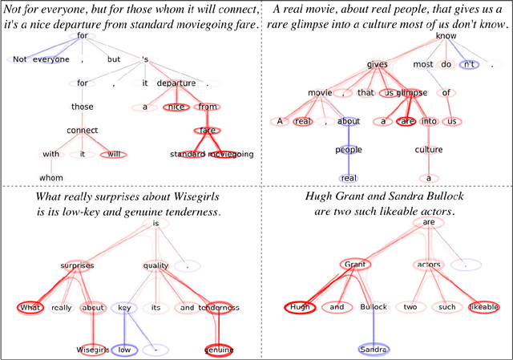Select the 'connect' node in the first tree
83,130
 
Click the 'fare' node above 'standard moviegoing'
208,130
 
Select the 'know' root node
446,37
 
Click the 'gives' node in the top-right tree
377,64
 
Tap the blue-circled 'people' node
348,149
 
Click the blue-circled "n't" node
469,64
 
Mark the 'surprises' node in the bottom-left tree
77,265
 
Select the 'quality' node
156,265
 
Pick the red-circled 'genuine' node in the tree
218,350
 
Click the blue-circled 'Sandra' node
372,350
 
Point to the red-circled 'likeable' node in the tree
484,307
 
